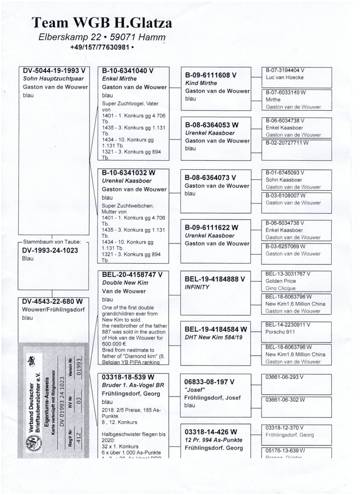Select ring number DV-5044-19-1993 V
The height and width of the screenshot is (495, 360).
tap(55, 71)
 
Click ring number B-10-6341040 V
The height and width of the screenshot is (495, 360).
tap(128, 71)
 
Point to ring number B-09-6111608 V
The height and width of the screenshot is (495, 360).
tap(211, 75)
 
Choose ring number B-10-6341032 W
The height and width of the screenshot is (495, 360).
tap(129, 172)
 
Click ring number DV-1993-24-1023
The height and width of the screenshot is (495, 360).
tap(49, 251)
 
